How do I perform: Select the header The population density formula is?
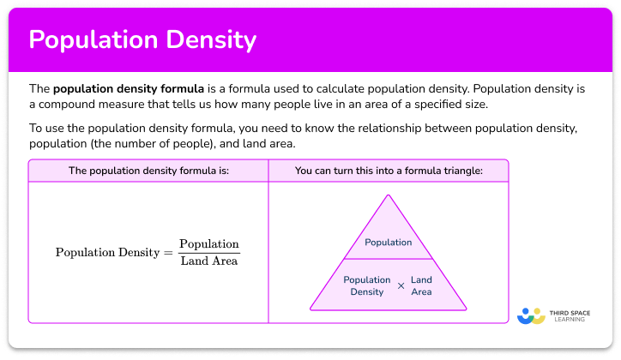coord(148,171)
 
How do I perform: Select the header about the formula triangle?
coord(388,171)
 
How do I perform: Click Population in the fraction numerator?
coord(209,244)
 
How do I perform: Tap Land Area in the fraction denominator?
coord(209,261)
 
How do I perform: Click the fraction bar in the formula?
coord(209,253)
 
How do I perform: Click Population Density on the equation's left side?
coord(109,253)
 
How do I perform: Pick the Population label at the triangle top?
coord(388,243)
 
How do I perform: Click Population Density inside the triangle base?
coord(367,285)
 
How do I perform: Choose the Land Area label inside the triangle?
coord(421,285)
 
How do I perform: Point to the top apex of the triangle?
coord(388,196)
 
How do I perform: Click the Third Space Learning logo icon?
coord(532,315)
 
